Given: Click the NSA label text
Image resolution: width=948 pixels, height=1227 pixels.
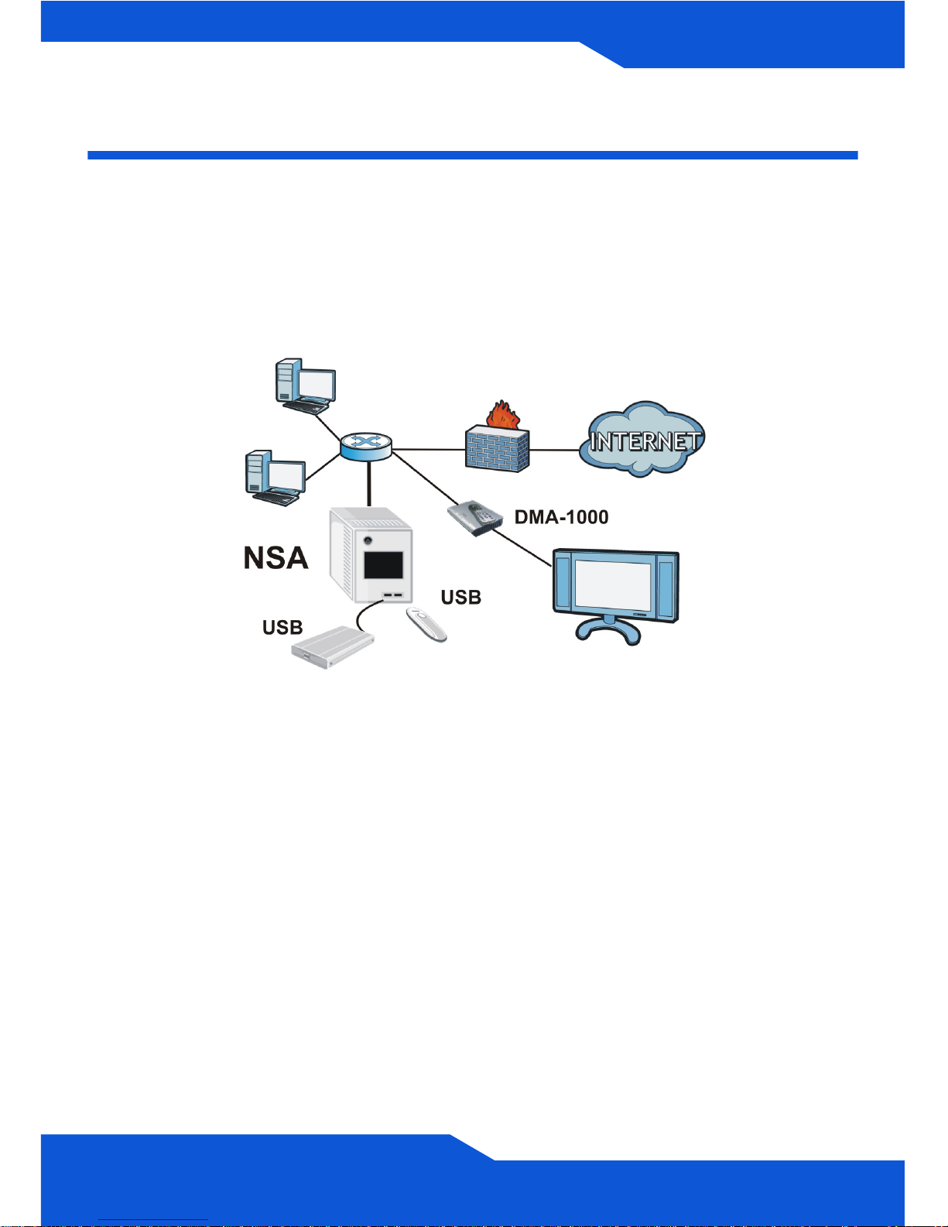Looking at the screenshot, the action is (276, 557).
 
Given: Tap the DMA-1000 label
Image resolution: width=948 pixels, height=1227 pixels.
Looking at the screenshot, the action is (562, 516).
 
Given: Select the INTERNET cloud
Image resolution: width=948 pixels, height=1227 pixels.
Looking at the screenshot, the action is (642, 439).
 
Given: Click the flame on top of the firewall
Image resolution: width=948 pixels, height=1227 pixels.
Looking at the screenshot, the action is (501, 414).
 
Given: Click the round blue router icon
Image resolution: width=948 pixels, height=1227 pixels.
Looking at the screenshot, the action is (365, 446).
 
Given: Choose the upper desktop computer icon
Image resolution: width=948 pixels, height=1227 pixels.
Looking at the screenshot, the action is (305, 386).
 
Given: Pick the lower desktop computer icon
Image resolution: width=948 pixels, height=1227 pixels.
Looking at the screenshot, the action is (276, 478).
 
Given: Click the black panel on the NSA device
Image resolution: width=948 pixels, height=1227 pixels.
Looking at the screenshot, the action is (383, 564).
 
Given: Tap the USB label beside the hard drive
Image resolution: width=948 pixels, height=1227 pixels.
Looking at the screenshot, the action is (282, 627).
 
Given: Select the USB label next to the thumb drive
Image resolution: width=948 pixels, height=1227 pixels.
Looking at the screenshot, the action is (461, 597).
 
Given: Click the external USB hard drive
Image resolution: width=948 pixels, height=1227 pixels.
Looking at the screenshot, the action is (333, 647).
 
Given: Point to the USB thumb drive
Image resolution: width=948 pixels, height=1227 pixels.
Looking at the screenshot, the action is (426, 624).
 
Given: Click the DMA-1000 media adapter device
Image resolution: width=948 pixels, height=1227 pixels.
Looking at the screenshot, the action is (474, 517).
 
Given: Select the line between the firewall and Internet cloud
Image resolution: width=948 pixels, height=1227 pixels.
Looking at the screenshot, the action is (555, 450).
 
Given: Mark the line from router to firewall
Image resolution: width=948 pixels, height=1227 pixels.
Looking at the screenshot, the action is (428, 450).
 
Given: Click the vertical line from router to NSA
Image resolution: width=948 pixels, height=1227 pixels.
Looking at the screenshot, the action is (369, 483).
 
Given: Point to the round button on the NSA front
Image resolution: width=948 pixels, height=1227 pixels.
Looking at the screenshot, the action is (368, 540).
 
